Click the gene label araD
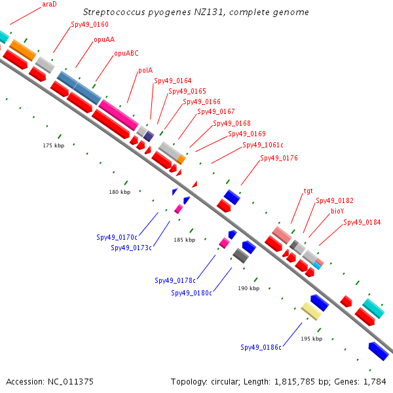48,4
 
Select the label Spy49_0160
90,25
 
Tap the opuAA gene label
103,39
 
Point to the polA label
145,71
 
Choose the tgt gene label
308,191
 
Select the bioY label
337,211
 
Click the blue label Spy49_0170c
117,237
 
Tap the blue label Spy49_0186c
261,347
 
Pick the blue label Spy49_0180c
192,293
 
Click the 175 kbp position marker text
54,145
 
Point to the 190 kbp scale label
248,288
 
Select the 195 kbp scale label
311,339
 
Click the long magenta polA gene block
119,115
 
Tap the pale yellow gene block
311,310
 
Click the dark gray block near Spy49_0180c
240,255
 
